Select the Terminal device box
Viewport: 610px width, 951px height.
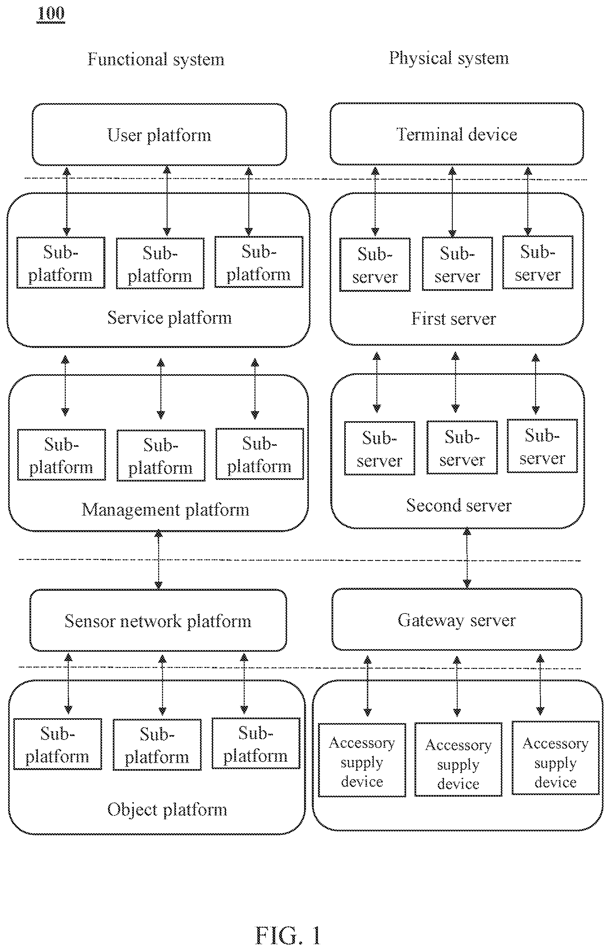pyautogui.click(x=457, y=134)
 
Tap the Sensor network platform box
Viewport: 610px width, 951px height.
pyautogui.click(x=158, y=621)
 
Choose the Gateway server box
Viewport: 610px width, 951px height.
pyautogui.click(x=457, y=620)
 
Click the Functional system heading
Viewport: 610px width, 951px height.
pyautogui.click(x=156, y=59)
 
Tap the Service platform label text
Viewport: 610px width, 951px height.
pyautogui.click(x=170, y=318)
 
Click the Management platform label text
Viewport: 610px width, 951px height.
pyautogui.click(x=166, y=510)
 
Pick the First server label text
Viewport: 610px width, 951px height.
pyautogui.click(x=453, y=319)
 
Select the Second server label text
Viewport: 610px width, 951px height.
pyautogui.click(x=459, y=505)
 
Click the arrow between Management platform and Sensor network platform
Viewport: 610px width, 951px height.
pyautogui.click(x=158, y=560)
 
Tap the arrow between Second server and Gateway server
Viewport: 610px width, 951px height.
pyautogui.click(x=467, y=558)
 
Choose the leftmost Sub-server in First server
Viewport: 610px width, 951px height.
pyautogui.click(x=375, y=265)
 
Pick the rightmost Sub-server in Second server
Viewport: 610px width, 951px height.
pyautogui.click(x=542, y=446)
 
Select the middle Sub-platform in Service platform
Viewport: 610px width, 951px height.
pyautogui.click(x=160, y=264)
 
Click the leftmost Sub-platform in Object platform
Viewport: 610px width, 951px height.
pyautogui.click(x=57, y=744)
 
